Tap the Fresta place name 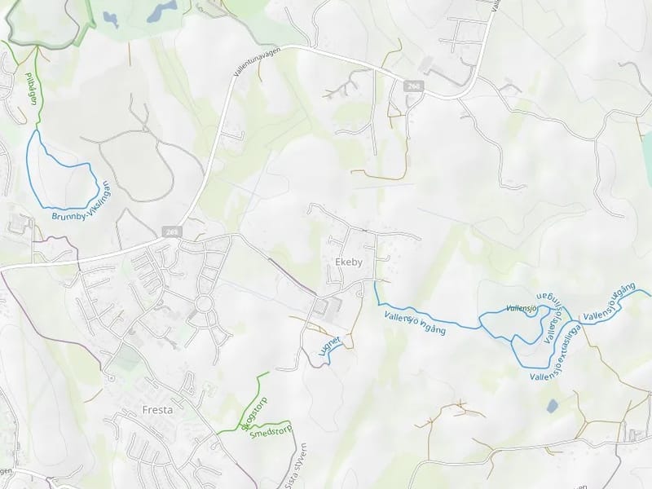(157, 410)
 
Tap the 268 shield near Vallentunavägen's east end (415, 86)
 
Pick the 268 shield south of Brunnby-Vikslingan (170, 232)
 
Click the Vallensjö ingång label (415, 322)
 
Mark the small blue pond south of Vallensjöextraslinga (553, 405)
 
